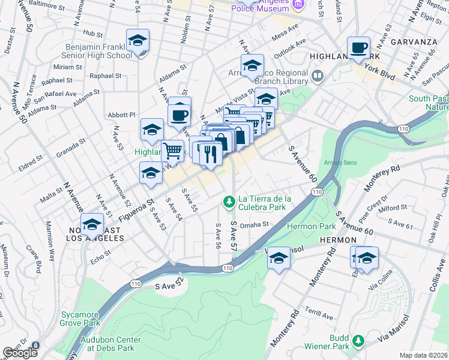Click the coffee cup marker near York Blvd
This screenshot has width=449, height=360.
359,48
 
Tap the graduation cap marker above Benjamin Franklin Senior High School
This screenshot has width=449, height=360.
137,41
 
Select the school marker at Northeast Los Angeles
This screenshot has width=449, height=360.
92,225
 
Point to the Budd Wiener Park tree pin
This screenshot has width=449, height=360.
358,341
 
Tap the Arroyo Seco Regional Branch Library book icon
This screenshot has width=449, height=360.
317,77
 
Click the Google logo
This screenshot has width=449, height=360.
20,353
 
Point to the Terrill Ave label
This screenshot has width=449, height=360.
319,316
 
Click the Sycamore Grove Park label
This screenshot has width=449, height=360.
80,318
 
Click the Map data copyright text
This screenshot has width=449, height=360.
423,355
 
